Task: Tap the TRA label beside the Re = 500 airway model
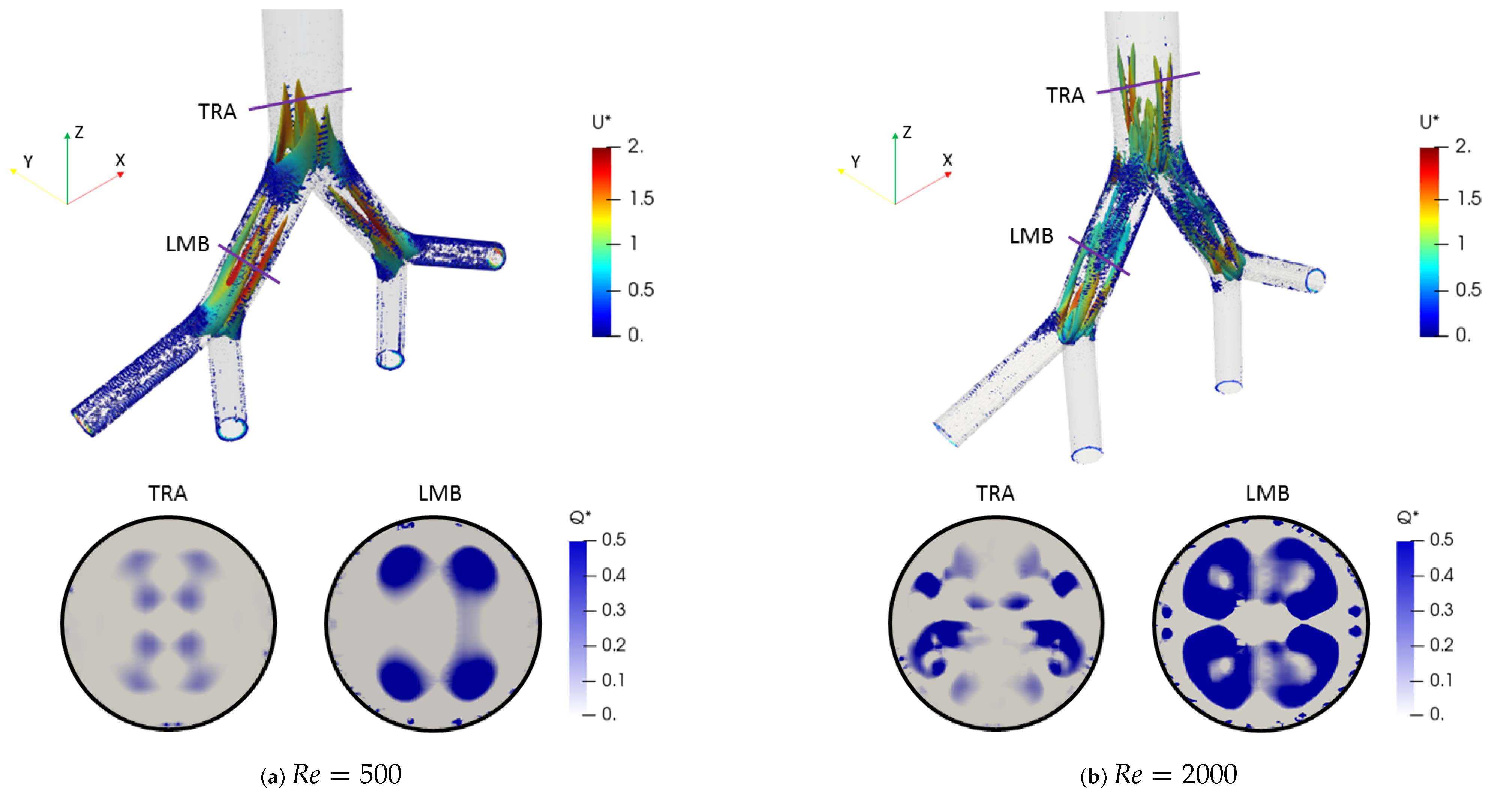(x=217, y=111)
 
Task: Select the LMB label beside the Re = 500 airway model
(x=187, y=244)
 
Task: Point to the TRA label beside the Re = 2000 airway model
(x=1065, y=95)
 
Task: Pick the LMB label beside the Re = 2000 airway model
(x=1031, y=236)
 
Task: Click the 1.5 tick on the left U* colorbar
(x=642, y=198)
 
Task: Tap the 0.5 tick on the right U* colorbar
(x=1468, y=289)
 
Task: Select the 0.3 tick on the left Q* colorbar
(x=613, y=610)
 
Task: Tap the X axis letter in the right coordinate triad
(x=948, y=160)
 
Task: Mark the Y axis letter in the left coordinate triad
(x=28, y=161)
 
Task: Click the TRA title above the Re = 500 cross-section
(x=168, y=493)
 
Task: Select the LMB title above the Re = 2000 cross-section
(x=1267, y=493)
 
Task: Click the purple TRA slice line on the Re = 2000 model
(x=1148, y=83)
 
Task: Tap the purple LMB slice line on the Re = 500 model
(x=249, y=264)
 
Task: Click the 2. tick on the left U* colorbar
(x=636, y=146)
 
